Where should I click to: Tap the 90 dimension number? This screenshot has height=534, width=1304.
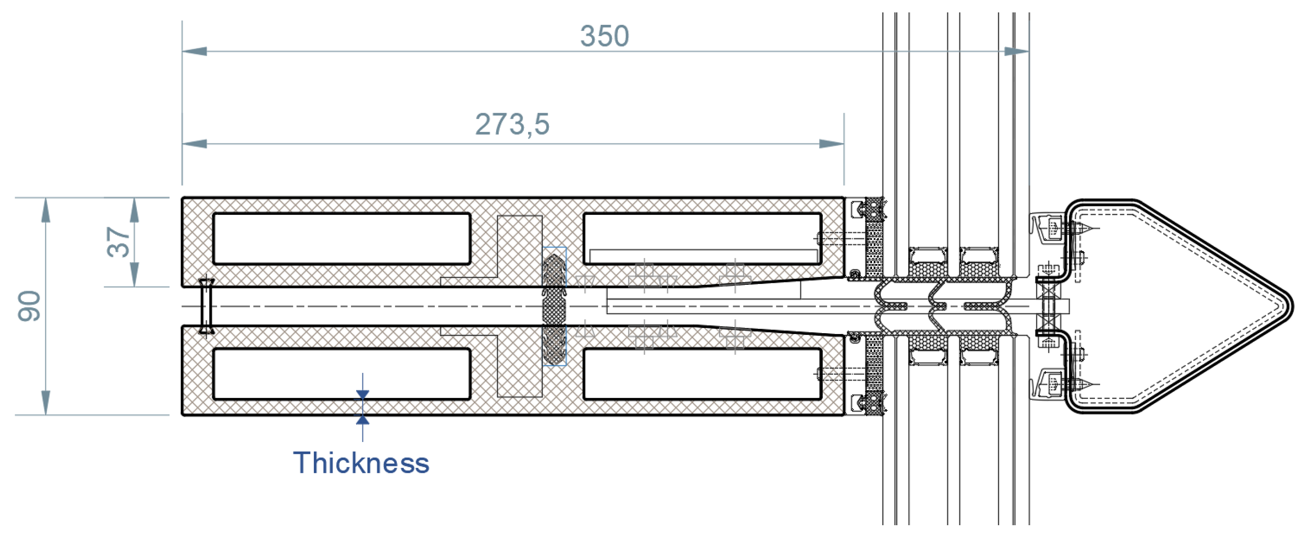pyautogui.click(x=29, y=306)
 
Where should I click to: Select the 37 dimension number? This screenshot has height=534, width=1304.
pyautogui.click(x=118, y=242)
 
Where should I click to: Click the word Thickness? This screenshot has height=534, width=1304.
pyautogui.click(x=361, y=462)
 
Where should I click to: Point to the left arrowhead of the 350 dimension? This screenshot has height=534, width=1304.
pyautogui.click(x=194, y=51)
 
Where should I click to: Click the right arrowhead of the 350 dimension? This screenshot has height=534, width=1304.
pyautogui.click(x=1017, y=51)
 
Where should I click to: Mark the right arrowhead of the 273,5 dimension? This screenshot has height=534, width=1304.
pyautogui.click(x=832, y=144)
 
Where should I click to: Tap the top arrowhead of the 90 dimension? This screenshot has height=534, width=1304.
pyautogui.click(x=46, y=210)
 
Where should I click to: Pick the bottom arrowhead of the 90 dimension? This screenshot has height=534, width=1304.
pyautogui.click(x=46, y=403)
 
